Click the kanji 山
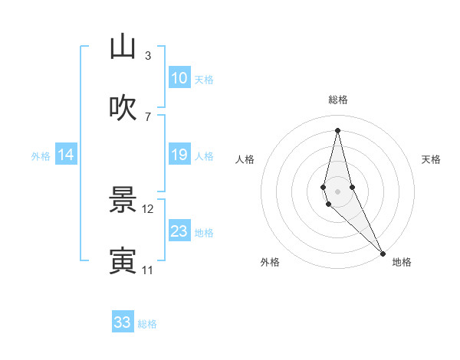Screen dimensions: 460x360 (123, 47)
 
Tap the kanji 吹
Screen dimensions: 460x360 (123, 108)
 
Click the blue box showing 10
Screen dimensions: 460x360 (179, 78)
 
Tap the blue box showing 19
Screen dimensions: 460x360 (179, 155)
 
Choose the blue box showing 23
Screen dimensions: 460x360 (179, 231)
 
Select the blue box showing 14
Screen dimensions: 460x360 (66, 155)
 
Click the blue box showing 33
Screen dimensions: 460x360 (123, 322)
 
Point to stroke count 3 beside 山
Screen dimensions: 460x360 (148, 56)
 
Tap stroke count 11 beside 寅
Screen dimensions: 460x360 (148, 270)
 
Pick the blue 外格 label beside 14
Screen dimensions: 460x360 (41, 155)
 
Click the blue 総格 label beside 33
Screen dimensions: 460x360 (147, 324)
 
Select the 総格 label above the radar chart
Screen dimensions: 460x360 (338, 100)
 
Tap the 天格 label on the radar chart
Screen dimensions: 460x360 (432, 159)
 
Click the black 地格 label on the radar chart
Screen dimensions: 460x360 (402, 263)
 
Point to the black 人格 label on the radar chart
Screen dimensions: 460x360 (245, 159)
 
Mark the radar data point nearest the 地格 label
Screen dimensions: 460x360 (383, 252)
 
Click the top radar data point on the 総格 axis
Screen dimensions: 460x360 (338, 129)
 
